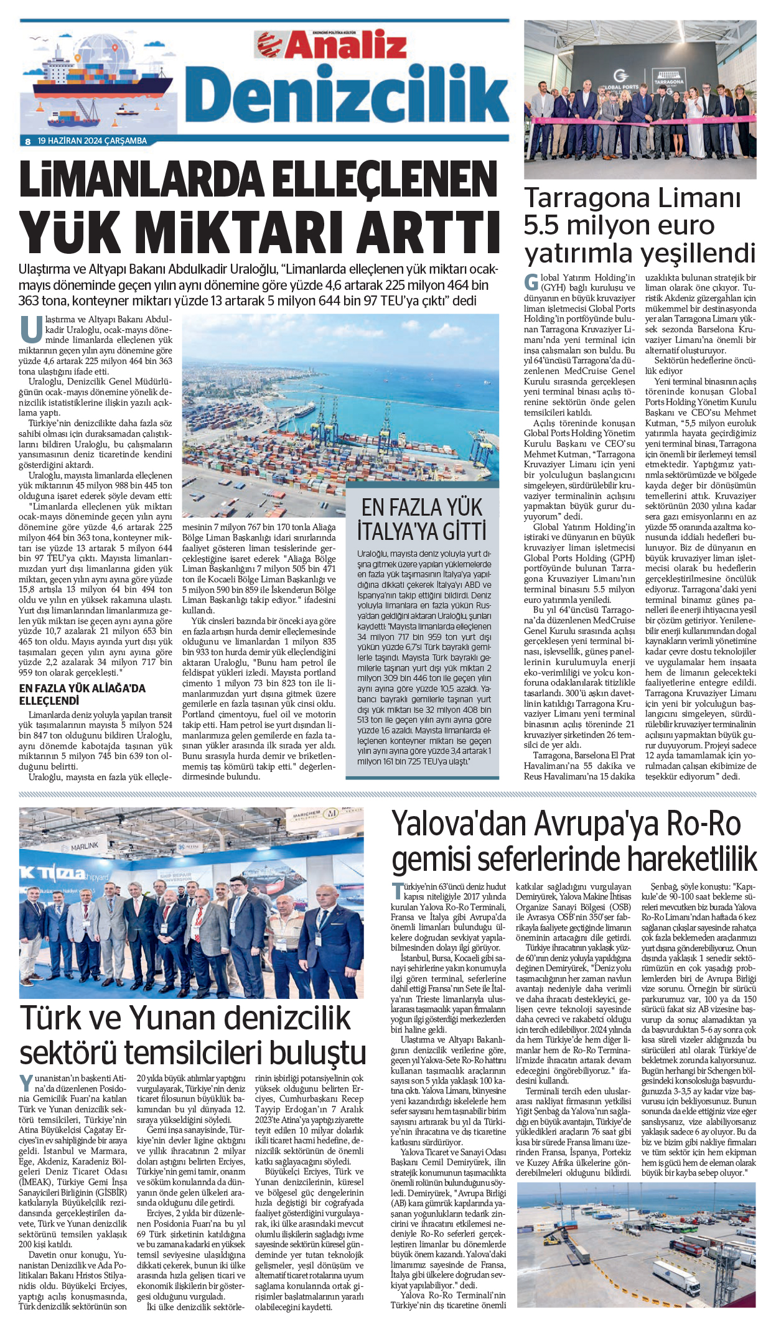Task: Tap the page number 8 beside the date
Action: click(x=28, y=141)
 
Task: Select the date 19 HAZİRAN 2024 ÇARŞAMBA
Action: click(x=92, y=141)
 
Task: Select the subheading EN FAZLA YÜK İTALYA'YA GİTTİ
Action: click(x=422, y=519)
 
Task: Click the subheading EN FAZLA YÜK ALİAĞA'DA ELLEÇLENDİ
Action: click(x=82, y=694)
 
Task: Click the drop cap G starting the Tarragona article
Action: click(x=531, y=282)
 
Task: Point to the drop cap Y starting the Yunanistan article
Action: click(x=26, y=1082)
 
